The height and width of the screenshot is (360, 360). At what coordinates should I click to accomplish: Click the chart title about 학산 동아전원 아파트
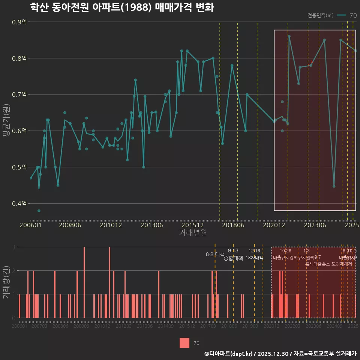pos(122,7)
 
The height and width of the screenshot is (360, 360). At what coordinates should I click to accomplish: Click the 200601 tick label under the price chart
pos(30,225)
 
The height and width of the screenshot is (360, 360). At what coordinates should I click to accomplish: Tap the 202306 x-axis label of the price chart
pos(314,225)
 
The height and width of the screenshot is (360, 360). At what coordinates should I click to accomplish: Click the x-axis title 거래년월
pos(193,233)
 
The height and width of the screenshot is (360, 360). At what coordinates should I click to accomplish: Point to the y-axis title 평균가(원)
pos(6,122)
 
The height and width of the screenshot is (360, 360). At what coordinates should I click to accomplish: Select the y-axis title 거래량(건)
pos(6,282)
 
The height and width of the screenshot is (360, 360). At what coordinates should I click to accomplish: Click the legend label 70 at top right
pos(353,15)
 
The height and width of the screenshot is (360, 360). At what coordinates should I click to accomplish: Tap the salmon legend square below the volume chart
pos(184,343)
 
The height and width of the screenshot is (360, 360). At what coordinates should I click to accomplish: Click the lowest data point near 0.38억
pos(39,211)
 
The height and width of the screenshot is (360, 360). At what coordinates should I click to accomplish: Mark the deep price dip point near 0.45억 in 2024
pos(334,186)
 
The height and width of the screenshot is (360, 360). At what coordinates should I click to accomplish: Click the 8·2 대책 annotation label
pos(215,254)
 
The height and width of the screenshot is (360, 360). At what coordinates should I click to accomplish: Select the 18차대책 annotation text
pos(254,258)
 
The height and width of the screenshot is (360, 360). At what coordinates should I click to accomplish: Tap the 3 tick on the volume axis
pos(14,247)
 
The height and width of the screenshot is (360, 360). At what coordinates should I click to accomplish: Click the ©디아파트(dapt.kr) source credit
pos(229,354)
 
